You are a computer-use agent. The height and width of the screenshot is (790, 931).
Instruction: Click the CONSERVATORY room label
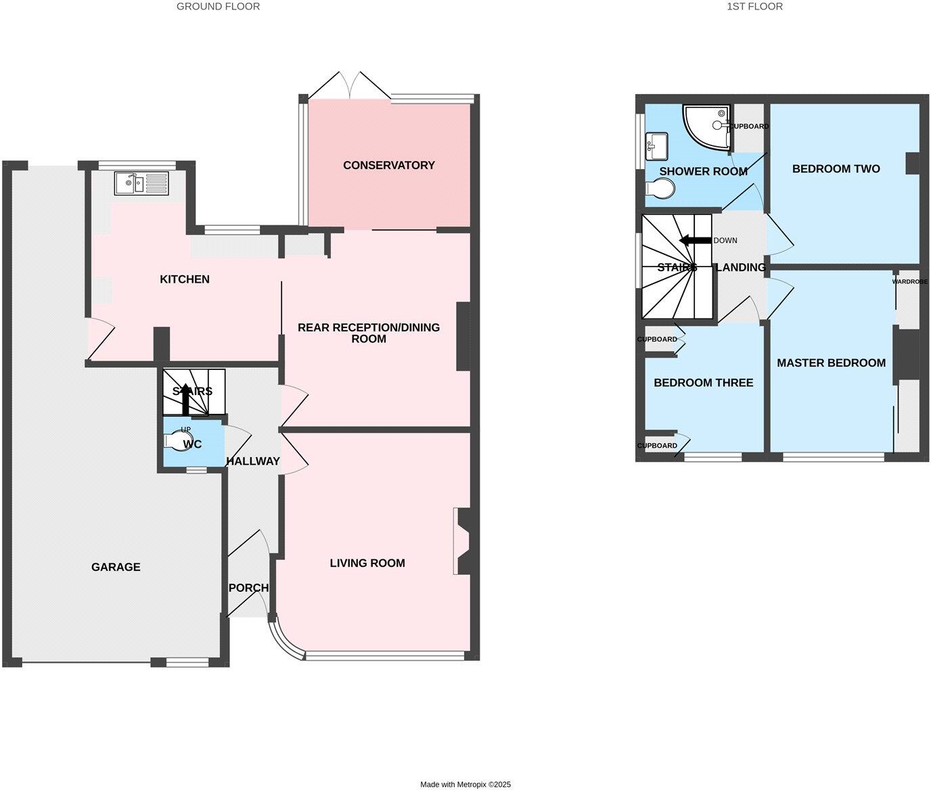click(388, 165)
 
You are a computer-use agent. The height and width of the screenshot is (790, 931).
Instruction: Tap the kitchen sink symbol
click(141, 183)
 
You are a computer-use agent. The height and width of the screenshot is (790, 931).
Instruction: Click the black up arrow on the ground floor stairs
click(185, 399)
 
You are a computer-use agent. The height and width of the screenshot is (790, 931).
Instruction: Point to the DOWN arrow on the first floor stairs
click(695, 240)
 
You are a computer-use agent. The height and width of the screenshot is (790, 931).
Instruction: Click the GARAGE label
click(116, 567)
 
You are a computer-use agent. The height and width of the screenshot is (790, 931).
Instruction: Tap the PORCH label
click(248, 588)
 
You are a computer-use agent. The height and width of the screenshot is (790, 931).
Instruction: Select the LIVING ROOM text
click(367, 563)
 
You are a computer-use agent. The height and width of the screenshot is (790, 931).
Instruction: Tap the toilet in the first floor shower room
click(660, 189)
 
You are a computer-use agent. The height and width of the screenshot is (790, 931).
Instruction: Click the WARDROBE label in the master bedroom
click(909, 281)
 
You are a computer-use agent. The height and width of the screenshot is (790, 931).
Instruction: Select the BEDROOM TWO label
click(836, 169)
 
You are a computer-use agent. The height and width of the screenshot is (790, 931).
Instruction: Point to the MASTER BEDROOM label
click(831, 363)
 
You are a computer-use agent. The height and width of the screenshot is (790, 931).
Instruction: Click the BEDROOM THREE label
click(703, 383)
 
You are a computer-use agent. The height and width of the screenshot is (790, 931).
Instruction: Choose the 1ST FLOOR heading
click(754, 6)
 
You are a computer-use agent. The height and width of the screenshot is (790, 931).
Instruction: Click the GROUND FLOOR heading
click(218, 6)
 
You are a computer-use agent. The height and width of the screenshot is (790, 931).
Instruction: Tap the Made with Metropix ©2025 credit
click(465, 785)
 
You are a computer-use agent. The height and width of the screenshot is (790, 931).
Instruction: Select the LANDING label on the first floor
click(740, 267)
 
